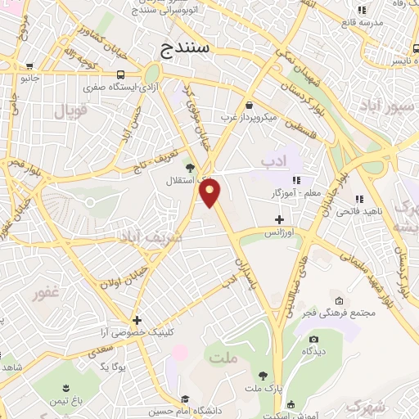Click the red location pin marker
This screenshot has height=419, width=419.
211,193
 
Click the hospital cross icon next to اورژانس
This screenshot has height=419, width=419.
280,219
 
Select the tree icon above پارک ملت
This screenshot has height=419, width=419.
262,376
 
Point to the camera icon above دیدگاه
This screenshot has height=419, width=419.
313,339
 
